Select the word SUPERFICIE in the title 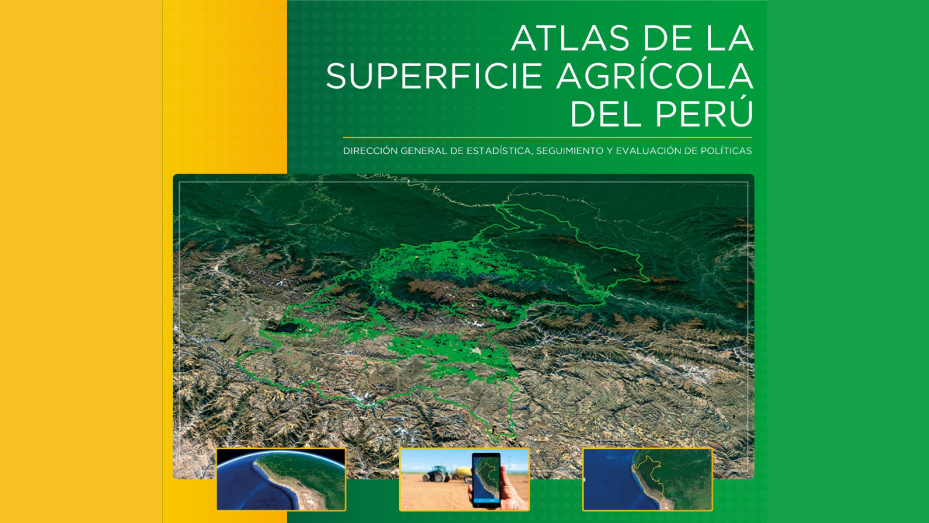click(x=434, y=76)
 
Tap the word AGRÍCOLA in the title click(x=655, y=76)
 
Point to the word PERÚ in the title click(x=704, y=114)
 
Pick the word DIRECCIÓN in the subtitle click(x=370, y=151)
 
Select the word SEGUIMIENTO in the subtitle click(x=570, y=151)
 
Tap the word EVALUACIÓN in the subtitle click(x=648, y=151)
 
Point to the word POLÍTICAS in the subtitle click(x=726, y=151)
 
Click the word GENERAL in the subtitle click(x=424, y=151)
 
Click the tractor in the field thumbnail click(x=435, y=473)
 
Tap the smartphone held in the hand click(x=486, y=477)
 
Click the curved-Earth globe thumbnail click(x=281, y=479)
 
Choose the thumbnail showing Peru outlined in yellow click(x=647, y=479)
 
